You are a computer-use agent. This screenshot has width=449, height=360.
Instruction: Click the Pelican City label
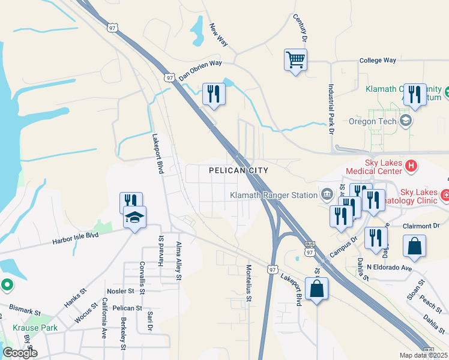pyautogui.click(x=238, y=170)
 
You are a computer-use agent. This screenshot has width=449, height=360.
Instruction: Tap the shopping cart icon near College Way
pyautogui.click(x=295, y=60)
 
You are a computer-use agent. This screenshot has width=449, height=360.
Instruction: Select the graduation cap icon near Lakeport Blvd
pyautogui.click(x=135, y=218)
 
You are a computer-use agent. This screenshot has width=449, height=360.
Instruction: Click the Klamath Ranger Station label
pyautogui.click(x=274, y=194)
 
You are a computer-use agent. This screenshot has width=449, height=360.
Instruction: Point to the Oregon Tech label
pyautogui.click(x=373, y=121)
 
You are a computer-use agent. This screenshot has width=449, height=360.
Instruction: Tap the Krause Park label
pyautogui.click(x=35, y=328)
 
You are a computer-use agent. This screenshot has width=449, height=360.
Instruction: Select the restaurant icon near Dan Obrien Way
pyautogui.click(x=214, y=94)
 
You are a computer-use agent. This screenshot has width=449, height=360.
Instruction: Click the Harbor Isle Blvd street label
pyautogui.click(x=75, y=239)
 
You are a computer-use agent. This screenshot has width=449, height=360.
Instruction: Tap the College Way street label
pyautogui.click(x=378, y=61)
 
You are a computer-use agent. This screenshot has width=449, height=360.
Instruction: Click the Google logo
pyautogui.click(x=20, y=353)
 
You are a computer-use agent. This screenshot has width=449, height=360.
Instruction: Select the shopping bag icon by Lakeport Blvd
pyautogui.click(x=316, y=289)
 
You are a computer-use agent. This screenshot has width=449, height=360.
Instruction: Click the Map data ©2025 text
pyautogui.click(x=424, y=355)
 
